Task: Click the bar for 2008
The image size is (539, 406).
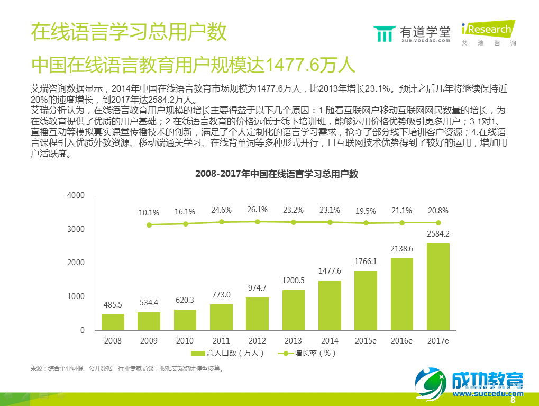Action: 113,322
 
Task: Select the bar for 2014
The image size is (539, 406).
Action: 330,305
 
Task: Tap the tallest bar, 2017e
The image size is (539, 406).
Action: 438,286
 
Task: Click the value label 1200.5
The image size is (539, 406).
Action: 294,281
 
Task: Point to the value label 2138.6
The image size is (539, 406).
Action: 402,248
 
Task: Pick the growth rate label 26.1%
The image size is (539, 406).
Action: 257,210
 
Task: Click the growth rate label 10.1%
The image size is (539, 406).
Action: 149,213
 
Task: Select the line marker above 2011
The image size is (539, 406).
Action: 221,222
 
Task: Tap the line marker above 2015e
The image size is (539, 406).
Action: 366,223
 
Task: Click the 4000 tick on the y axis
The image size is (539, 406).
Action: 76,196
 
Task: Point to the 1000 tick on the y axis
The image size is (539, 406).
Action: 76,296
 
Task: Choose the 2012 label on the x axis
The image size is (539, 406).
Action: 257,340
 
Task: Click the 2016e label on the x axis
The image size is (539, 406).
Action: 402,340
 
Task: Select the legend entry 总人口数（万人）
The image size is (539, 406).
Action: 227,353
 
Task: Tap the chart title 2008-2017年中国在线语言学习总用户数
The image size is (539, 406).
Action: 277,174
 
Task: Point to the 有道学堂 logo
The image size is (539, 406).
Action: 412,33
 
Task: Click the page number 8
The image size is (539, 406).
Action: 512,400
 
